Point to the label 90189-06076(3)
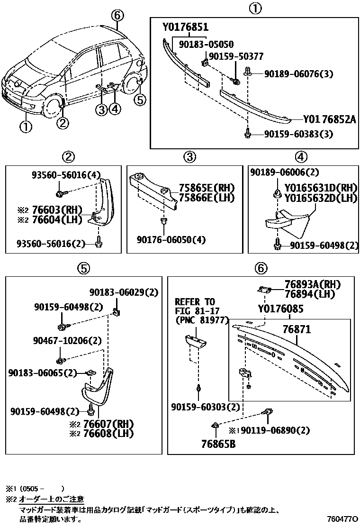click(x=298, y=74)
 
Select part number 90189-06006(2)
click(x=285, y=173)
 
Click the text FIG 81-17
click(x=195, y=310)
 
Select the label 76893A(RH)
click(x=313, y=284)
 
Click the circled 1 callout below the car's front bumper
click(x=26, y=127)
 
